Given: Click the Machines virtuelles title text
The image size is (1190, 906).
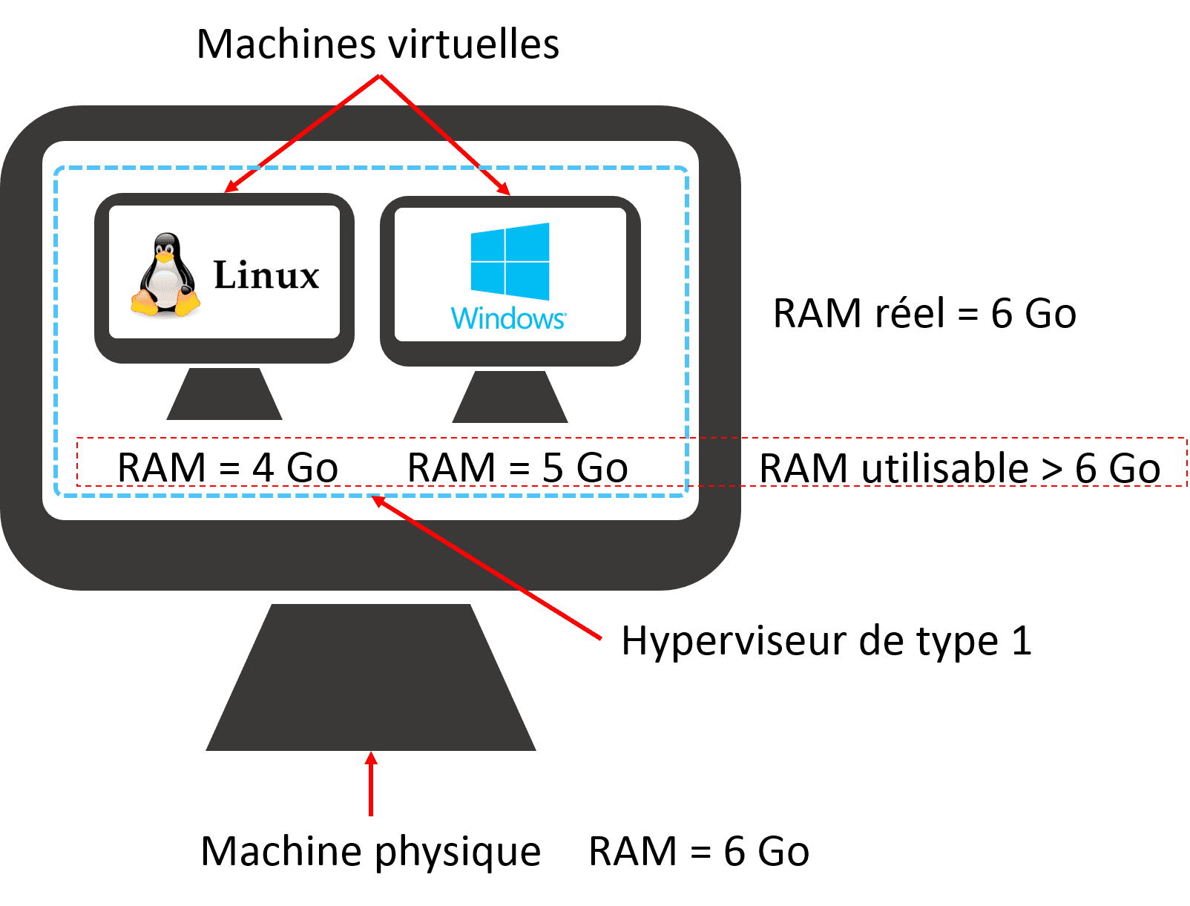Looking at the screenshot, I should [378, 44].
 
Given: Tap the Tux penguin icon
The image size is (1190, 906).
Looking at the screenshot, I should [166, 276].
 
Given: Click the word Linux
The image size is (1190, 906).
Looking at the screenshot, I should [266, 275].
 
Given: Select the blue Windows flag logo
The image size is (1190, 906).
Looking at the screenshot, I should [510, 261].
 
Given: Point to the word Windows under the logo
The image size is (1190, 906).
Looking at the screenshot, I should [508, 318].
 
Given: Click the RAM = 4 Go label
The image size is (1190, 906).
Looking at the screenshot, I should [227, 467].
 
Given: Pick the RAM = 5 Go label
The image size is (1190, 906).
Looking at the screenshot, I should [517, 467].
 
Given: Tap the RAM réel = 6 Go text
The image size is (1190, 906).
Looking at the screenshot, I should [924, 313].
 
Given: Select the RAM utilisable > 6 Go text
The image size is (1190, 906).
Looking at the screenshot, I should [959, 468].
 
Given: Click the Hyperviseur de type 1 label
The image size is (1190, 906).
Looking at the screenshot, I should [826, 640].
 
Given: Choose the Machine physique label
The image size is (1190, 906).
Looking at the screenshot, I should [370, 851].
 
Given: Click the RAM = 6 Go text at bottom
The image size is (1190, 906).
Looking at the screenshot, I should [698, 851].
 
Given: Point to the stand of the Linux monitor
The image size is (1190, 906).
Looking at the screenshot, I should [224, 395].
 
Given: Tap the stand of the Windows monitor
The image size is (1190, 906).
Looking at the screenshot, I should [510, 398].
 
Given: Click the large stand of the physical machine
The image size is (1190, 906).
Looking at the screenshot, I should [371, 679].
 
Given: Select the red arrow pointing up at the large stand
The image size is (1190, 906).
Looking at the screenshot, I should [371, 785].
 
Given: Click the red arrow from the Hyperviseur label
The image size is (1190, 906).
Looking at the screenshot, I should [486, 567].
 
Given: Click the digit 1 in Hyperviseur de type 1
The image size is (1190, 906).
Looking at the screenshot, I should [1022, 640].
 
